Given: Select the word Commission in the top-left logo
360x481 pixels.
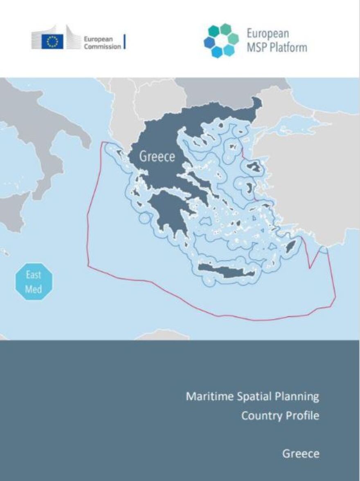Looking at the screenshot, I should [102, 46].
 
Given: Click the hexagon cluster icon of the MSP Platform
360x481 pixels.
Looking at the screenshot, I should [221, 41].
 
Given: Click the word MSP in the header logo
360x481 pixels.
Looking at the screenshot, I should [256, 47].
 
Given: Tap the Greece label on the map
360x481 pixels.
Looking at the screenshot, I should [157, 156].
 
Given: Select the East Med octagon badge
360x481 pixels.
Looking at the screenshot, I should [34, 281].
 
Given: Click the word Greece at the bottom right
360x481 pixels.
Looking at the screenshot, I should [301, 454].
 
